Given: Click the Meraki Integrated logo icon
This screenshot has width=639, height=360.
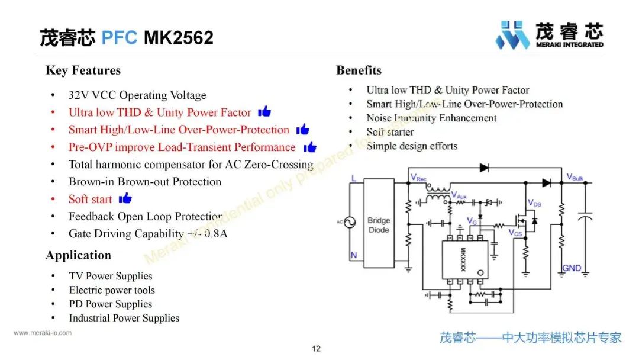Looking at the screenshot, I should (512, 36).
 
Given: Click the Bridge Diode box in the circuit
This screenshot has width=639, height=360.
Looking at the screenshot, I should (379, 225).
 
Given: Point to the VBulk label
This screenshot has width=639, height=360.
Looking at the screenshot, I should (575, 177).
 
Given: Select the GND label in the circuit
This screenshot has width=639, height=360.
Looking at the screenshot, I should (572, 268).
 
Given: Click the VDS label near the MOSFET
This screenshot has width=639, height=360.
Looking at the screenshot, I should (534, 203).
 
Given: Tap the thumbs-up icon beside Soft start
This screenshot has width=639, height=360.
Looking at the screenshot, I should (125, 198).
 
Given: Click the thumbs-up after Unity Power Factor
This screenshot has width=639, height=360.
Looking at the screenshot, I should (264, 111).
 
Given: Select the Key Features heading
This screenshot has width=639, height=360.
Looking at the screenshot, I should (83, 70).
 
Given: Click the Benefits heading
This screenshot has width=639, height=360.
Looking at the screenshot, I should (359, 70).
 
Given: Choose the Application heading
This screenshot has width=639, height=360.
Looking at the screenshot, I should (78, 255).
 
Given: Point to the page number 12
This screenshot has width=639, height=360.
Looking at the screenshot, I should (317, 348).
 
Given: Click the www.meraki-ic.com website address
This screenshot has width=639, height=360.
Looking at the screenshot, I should (43, 333).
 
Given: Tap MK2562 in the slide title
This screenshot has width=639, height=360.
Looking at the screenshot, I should (178, 38).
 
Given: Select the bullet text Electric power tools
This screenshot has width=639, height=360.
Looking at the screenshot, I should (112, 290).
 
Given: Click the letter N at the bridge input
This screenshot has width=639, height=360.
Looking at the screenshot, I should (354, 256).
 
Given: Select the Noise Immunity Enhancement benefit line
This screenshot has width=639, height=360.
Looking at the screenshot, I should (431, 118).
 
